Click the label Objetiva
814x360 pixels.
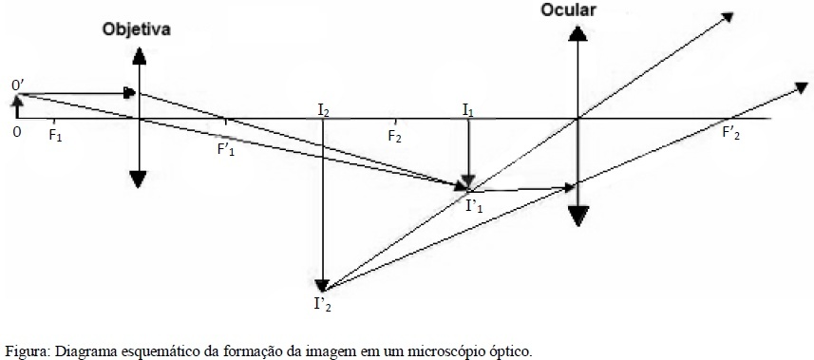(x=137, y=29)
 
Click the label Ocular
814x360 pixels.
(x=568, y=9)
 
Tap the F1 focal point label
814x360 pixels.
(x=55, y=136)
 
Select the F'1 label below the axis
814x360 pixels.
(x=226, y=150)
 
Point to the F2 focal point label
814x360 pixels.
(x=395, y=136)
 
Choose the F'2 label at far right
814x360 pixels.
(x=731, y=134)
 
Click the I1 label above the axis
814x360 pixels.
(x=467, y=109)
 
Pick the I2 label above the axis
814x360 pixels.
(x=324, y=109)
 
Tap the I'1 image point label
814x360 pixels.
(x=474, y=207)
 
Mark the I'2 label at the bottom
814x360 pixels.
(x=322, y=304)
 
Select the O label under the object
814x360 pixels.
(x=17, y=132)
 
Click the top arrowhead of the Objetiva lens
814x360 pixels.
(x=139, y=56)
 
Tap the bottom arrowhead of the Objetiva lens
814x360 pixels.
(x=138, y=180)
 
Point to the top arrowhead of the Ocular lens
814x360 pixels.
(x=577, y=33)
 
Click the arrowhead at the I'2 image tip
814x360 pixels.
(x=322, y=285)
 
